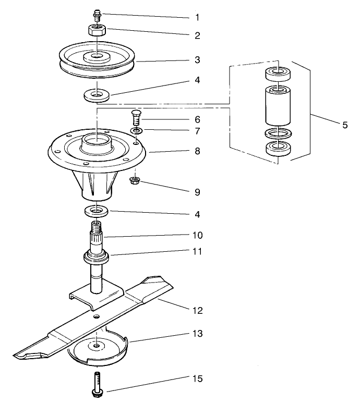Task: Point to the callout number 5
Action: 345,125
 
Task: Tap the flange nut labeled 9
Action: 135,181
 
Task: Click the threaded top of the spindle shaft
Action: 97,228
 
